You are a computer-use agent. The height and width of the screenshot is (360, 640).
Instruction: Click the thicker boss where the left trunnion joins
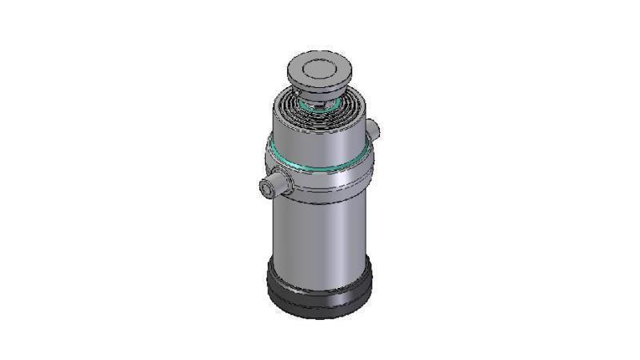tap(283, 183)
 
